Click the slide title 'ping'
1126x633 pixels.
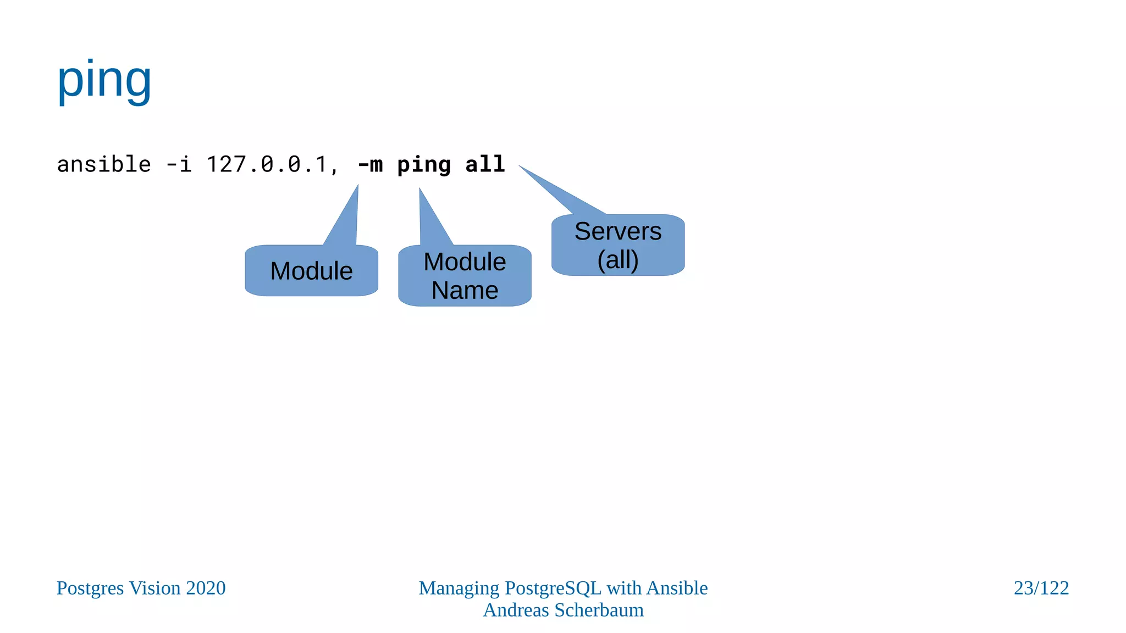coord(104,81)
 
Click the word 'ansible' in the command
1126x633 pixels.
coord(104,164)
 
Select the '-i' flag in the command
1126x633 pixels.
coord(179,164)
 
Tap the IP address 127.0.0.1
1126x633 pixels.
coord(267,164)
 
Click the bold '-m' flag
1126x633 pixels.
coord(370,164)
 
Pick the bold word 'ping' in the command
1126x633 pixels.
coord(424,165)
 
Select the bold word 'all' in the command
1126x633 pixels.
coord(485,164)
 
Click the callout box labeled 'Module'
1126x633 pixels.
coord(311,271)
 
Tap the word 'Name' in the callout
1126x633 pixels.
coord(465,290)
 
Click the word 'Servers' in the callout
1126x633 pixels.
coord(618,231)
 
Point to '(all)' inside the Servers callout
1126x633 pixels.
coord(618,260)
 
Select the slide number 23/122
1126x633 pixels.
coord(1041,588)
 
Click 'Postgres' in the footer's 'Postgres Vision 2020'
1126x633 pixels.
coord(90,588)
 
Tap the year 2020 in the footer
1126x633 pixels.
coord(206,588)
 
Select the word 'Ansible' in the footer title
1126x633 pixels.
coord(677,588)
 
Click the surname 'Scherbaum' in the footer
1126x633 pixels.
coord(599,610)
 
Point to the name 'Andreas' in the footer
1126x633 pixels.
coord(516,610)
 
